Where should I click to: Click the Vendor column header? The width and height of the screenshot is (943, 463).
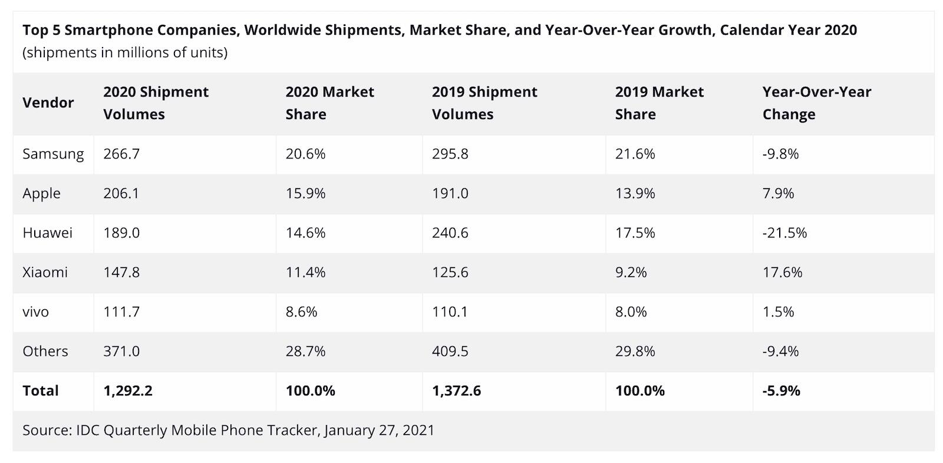tap(48, 102)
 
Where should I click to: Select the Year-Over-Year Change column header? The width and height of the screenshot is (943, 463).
tap(816, 102)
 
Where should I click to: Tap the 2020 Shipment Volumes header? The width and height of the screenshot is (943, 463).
tap(156, 102)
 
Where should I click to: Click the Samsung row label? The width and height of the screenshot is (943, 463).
tap(53, 154)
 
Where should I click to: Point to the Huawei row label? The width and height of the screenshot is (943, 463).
tap(47, 233)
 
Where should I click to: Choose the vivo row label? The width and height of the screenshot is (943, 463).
tap(35, 312)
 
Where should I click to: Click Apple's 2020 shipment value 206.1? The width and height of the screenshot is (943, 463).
tap(121, 193)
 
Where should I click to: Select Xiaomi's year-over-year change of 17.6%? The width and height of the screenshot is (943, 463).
tap(782, 272)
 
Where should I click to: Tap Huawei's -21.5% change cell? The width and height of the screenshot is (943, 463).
tap(784, 233)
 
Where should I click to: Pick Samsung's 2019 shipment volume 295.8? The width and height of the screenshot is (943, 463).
tap(450, 154)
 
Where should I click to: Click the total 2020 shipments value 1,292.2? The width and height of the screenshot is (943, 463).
tap(128, 391)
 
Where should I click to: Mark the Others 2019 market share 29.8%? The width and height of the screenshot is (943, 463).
tap(635, 351)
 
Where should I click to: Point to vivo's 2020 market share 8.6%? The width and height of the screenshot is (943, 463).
tap(301, 312)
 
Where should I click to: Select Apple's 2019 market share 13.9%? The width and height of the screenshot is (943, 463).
tap(635, 193)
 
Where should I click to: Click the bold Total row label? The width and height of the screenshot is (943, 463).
tap(40, 391)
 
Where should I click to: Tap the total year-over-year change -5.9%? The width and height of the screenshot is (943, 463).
tap(781, 391)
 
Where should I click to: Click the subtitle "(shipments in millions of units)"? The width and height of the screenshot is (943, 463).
tap(125, 52)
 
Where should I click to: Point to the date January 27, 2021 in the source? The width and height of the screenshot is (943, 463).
tap(379, 430)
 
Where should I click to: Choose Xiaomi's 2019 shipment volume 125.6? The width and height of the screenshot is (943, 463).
tap(450, 272)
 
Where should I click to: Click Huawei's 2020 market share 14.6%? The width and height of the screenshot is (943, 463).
tap(305, 233)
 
